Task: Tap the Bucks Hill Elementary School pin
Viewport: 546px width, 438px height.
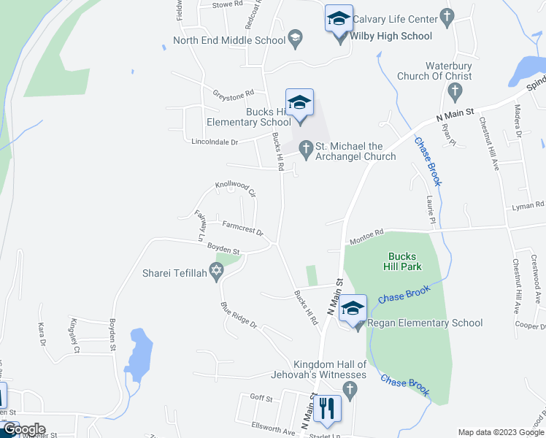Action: point(299,103)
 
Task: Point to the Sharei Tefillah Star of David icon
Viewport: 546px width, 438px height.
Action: point(215,272)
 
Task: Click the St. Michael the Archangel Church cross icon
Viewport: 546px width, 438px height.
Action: point(306,149)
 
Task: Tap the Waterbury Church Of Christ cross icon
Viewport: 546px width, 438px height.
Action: point(455,92)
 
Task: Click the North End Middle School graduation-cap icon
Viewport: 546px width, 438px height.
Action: point(295,40)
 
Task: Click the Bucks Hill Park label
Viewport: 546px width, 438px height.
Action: point(402,261)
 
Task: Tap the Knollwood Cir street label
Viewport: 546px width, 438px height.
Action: point(236,189)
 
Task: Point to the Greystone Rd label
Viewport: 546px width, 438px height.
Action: point(233,93)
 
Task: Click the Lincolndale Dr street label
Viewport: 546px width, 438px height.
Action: point(215,142)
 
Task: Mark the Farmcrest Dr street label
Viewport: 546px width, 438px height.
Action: point(242,231)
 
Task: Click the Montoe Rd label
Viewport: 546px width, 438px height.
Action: point(366,236)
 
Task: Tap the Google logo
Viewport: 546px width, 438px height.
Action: point(23,429)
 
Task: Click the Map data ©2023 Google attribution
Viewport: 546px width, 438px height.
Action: point(499,432)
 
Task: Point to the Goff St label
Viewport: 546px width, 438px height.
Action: point(261,399)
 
